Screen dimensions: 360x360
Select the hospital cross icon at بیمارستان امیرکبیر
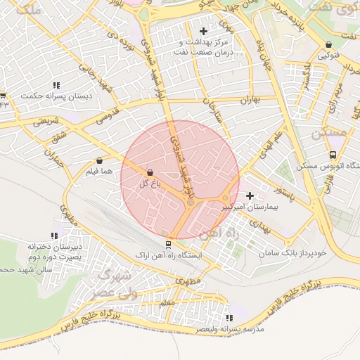[250, 195]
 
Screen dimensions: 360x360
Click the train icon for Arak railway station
[167, 244]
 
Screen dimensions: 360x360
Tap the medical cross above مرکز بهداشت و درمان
[204, 31]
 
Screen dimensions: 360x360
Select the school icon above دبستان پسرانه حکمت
[56, 85]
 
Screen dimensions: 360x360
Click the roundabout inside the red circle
[190, 202]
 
